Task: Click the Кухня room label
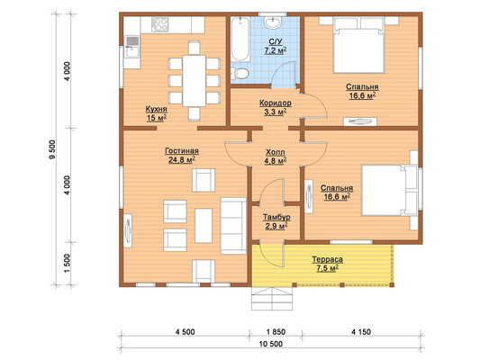tap(156, 109)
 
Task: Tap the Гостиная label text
tap(182, 151)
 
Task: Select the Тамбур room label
tap(276, 217)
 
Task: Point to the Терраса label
tap(327, 260)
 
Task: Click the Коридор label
tap(276, 103)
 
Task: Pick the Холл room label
tap(276, 152)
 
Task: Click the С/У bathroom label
tap(276, 41)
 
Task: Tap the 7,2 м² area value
tap(276, 50)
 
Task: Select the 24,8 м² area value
tap(182, 159)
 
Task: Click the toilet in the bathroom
tap(240, 74)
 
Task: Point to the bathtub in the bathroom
tap(240, 40)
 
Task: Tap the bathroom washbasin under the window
tap(273, 22)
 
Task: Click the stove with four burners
tap(159, 24)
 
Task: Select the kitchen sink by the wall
tap(132, 47)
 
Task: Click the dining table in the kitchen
tap(195, 81)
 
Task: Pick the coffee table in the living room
tap(204, 226)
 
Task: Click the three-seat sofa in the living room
tap(233, 226)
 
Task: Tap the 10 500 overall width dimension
tap(271, 344)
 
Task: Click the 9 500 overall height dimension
tap(52, 149)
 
